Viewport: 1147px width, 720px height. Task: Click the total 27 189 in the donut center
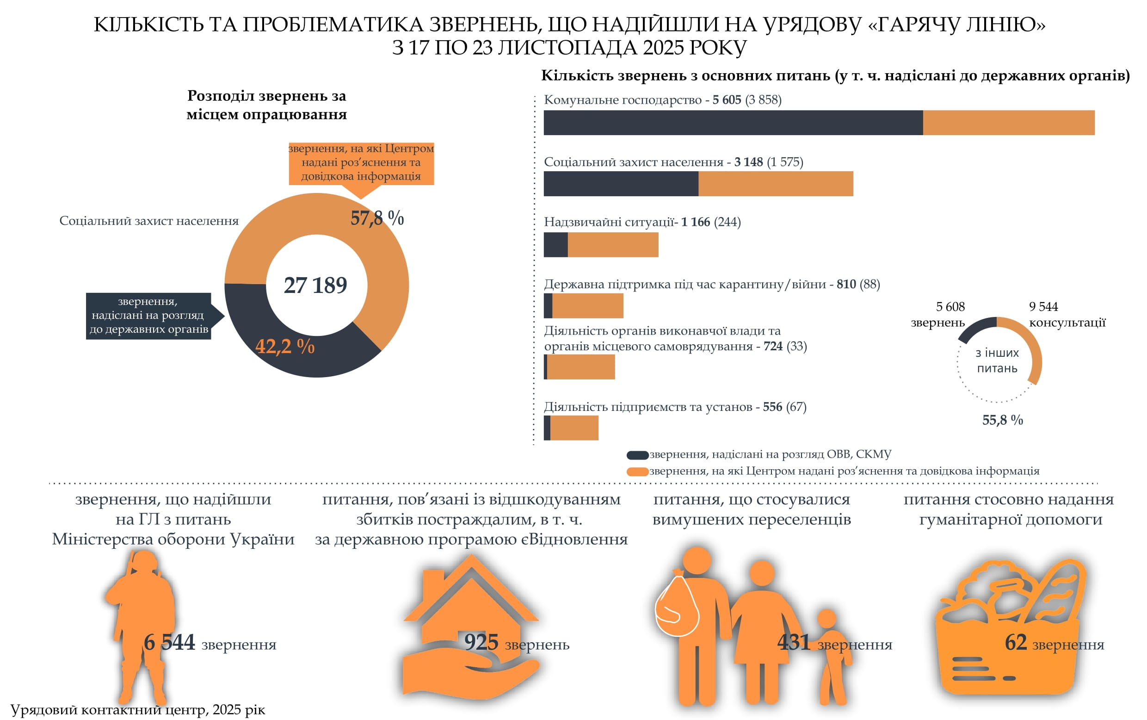[315, 285]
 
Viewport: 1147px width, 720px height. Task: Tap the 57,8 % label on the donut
[377, 218]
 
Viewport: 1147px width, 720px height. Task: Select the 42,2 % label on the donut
[284, 346]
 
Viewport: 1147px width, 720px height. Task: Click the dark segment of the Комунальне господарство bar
[733, 123]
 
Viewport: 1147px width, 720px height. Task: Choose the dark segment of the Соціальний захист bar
[621, 184]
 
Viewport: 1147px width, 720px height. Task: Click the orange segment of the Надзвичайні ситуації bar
[612, 245]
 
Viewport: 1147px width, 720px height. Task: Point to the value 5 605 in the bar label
[726, 100]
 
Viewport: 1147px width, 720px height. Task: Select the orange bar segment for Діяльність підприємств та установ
[573, 428]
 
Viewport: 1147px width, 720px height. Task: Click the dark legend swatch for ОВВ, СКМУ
[637, 455]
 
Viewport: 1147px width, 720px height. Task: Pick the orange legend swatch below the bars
[637, 472]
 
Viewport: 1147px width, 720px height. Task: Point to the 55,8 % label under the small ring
[1002, 420]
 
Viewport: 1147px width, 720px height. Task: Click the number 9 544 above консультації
[1043, 307]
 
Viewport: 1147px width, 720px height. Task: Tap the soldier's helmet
[143, 562]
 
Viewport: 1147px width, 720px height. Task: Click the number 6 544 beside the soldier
[169, 642]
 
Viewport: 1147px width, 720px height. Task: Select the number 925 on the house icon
[481, 642]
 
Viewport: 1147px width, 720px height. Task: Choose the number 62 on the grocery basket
[1015, 642]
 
